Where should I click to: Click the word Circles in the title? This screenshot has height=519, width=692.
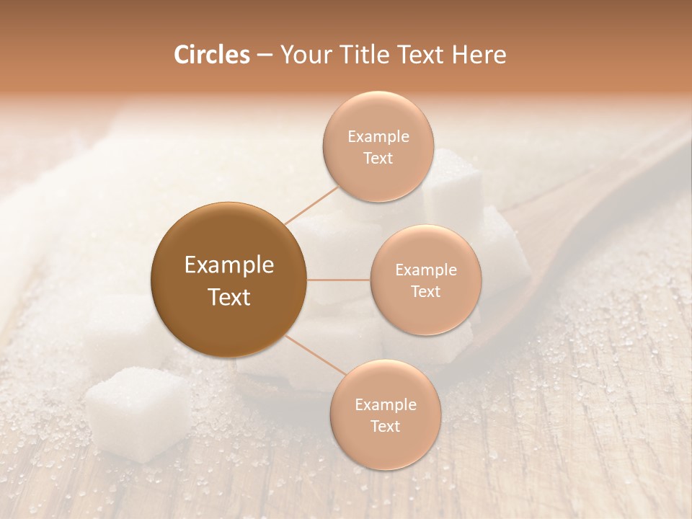click(212, 55)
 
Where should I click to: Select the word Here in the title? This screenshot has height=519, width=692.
click(479, 55)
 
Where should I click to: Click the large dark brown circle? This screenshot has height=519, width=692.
click(229, 280)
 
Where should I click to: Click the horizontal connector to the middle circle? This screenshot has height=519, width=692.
click(339, 280)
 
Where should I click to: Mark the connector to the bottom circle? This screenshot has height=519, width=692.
click(316, 357)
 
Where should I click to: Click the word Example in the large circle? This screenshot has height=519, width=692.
click(229, 265)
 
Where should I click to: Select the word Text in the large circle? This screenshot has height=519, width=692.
click(229, 297)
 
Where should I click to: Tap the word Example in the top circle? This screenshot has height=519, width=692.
click(378, 137)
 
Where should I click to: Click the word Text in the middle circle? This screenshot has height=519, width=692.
click(425, 292)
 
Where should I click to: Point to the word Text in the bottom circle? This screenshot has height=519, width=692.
click(385, 427)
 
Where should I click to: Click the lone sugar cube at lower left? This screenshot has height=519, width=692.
click(137, 412)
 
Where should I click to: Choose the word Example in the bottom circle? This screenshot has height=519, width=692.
click(385, 405)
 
